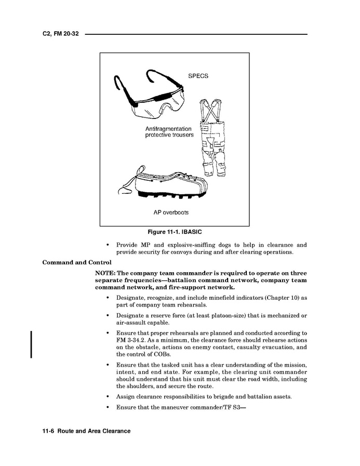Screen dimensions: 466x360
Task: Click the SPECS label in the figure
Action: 198,76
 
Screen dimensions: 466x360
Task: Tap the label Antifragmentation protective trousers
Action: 169,131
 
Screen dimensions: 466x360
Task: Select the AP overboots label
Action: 171,212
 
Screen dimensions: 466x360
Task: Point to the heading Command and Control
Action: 76,262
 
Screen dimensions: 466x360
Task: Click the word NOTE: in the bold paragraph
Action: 105,273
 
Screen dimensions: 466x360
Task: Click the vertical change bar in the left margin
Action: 32,343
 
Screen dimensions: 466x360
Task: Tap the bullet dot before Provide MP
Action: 107,245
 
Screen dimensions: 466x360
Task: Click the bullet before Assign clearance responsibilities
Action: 107,397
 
